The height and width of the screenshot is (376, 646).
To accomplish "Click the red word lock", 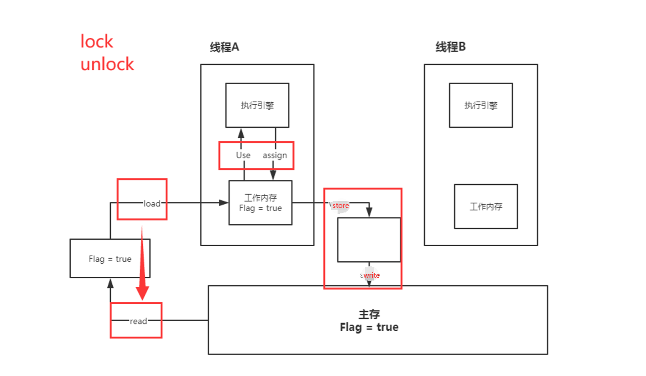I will coord(97,42).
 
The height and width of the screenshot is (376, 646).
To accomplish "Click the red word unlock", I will coord(107,64).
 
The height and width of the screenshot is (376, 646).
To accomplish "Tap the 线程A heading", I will coord(224,48).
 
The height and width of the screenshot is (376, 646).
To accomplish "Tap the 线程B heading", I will coord(450,47).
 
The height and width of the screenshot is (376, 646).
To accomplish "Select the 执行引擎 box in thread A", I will coord(257,105).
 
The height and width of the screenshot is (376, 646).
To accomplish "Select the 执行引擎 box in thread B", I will coord(480,105).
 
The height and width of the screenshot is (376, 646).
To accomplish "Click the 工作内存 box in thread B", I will coord(486,207).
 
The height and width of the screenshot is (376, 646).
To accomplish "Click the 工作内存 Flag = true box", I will coord(260,203).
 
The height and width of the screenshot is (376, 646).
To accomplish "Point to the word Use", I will coord(243,155).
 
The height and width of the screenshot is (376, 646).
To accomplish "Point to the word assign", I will coord(275,155).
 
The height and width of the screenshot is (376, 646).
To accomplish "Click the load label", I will coord(152,203).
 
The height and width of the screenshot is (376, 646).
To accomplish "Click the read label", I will coord(138,321).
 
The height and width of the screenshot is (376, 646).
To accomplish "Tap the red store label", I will coord(341,206).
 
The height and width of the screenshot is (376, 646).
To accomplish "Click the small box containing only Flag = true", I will coord(110,259).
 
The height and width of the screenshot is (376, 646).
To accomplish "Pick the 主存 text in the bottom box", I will coord(369,314).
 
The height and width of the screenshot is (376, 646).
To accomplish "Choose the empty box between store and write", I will coord(369,240).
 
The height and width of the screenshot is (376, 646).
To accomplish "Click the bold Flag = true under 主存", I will coord(369,328).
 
